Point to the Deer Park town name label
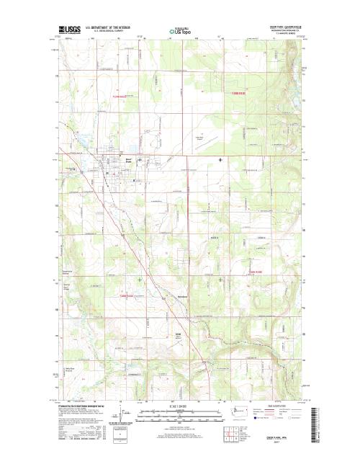coord(110,160)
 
